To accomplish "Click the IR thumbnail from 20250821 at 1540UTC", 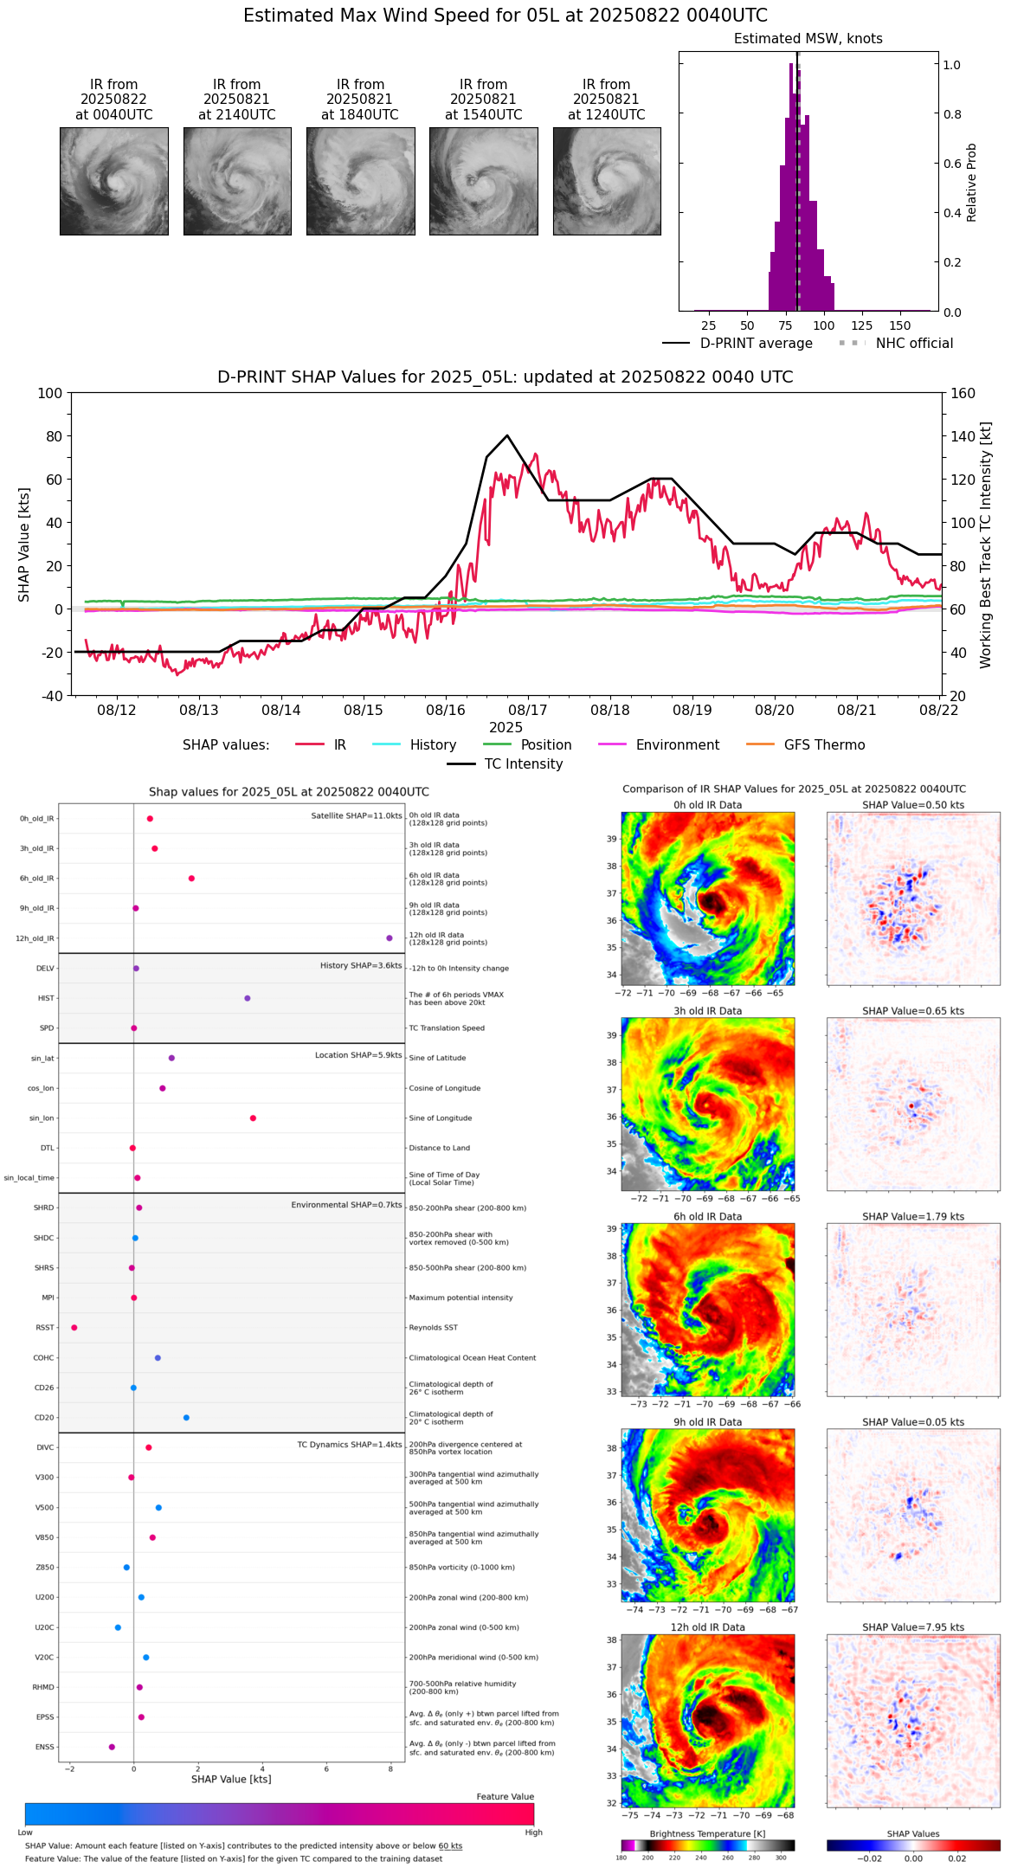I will pyautogui.click(x=483, y=181).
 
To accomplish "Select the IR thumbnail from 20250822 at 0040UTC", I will pyautogui.click(x=113, y=181).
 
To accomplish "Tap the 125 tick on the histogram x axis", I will pyautogui.click(x=861, y=325).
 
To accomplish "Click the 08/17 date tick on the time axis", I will pyautogui.click(x=527, y=710).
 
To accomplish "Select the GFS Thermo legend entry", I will pyautogui.click(x=824, y=745).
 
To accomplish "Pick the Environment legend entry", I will pyautogui.click(x=677, y=745).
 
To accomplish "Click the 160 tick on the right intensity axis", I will pyautogui.click(x=963, y=393).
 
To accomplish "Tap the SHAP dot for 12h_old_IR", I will pyautogui.click(x=389, y=938).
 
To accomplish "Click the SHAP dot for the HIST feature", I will pyautogui.click(x=247, y=998).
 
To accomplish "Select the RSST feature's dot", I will pyautogui.click(x=74, y=1328).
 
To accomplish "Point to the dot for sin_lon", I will pyautogui.click(x=253, y=1118).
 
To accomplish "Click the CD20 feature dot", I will pyautogui.click(x=186, y=1418).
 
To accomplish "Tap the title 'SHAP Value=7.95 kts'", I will pyautogui.click(x=912, y=1627).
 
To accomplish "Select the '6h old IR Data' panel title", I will pyautogui.click(x=707, y=1216).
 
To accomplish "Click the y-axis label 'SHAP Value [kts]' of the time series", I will pyautogui.click(x=24, y=544).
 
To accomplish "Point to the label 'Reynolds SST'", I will pyautogui.click(x=433, y=1328).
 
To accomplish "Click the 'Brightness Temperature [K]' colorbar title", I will pyautogui.click(x=707, y=1833).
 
